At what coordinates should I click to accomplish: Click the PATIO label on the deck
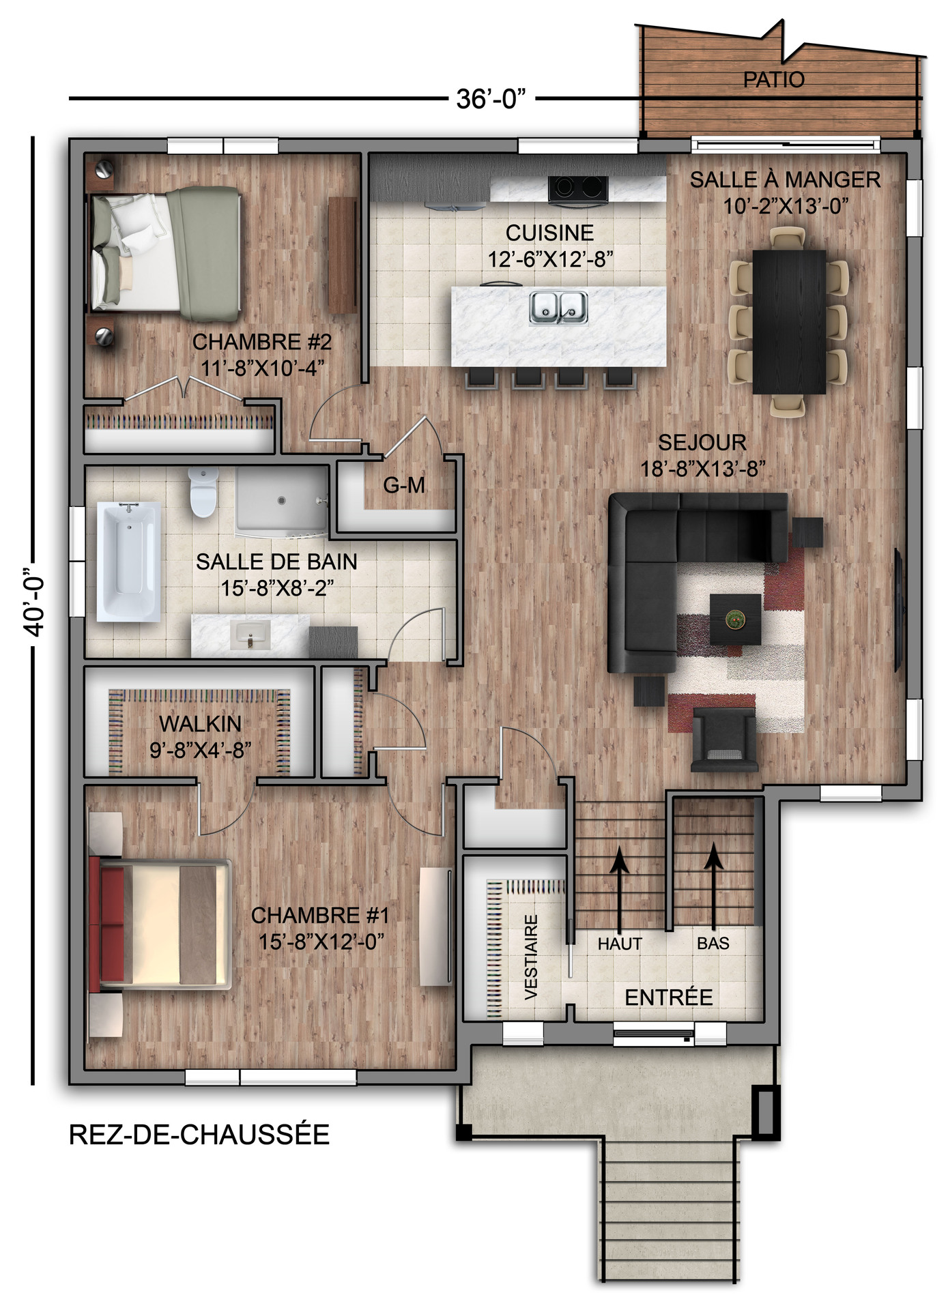[x=773, y=79]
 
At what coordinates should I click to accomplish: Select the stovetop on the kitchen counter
[x=577, y=188]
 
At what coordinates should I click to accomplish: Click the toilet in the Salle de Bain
[x=203, y=492]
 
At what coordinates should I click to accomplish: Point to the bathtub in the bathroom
[x=128, y=562]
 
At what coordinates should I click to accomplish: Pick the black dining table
[x=789, y=321]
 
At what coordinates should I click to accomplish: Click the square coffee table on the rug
[x=735, y=619]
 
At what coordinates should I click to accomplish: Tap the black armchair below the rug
[x=724, y=740]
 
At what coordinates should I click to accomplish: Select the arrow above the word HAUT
[x=620, y=890]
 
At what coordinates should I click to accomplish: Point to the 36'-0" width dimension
[x=491, y=99]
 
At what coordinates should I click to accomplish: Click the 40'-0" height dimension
[x=34, y=602]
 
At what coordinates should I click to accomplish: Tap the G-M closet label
[x=404, y=485]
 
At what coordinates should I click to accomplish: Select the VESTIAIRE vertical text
[x=531, y=957]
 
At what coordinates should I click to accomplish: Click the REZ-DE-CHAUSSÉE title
[x=199, y=1134]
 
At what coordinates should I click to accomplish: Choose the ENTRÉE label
[x=668, y=998]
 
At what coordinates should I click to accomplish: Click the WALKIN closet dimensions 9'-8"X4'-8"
[x=201, y=750]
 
